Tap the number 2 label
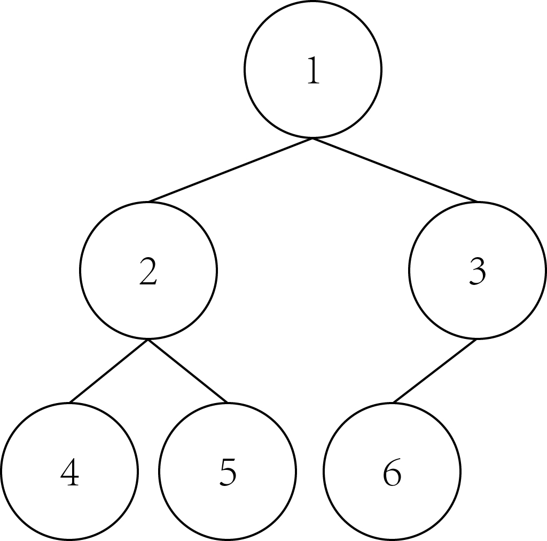[148, 272]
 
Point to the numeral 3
[478, 272]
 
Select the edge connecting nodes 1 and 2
[231, 170]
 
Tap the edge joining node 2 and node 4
[109, 370]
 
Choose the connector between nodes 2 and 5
[188, 370]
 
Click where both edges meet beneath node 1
[313, 138]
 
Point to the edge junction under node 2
[148, 339]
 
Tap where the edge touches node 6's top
[393, 403]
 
